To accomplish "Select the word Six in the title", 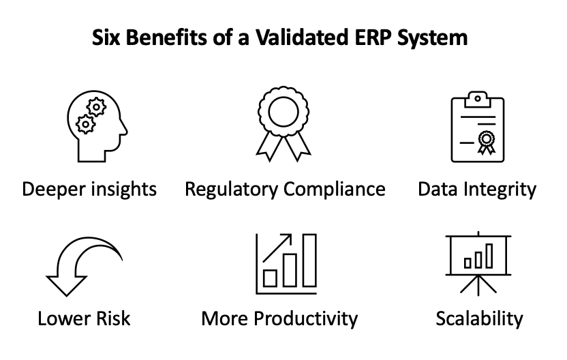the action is pos(106,37).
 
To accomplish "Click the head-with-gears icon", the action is pos(97,126).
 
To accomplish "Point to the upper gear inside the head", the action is pos(96,107).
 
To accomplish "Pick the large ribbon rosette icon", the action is pos(283,123).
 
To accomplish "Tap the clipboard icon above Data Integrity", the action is pos(478,127).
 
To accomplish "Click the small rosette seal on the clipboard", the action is pos(487,142).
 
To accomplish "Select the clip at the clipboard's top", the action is pos(478,100).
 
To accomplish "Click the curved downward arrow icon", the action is pos(85,267).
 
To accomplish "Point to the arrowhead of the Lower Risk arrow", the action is pos(67,286).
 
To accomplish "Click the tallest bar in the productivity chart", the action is pos(309,260).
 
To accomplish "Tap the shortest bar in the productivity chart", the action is pos(270,278).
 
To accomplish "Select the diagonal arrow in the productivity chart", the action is pos(277,247).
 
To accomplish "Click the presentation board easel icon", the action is pos(478,263).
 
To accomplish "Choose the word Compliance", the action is pos(335,190).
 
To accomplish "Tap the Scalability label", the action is pos(480,319).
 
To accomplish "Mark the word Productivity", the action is pos(305,319).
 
